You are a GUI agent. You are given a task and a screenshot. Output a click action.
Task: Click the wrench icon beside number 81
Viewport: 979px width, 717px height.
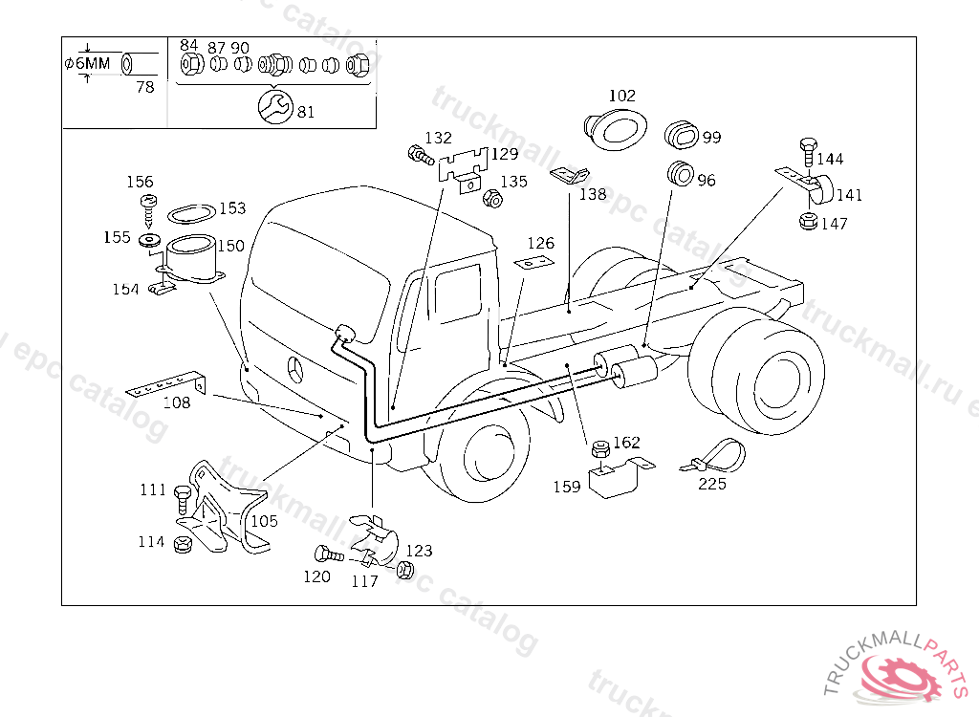pos(274,106)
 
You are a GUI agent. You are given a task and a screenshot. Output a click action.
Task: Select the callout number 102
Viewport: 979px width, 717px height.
pos(621,95)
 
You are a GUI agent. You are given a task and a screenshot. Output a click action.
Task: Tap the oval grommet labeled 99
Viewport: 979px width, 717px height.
pos(681,134)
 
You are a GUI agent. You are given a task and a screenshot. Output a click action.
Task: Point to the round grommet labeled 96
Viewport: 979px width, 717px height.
pos(680,173)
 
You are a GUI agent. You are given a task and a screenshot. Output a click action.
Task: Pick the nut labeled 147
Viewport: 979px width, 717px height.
pos(809,221)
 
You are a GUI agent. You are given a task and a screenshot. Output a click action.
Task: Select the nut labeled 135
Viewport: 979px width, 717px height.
pos(492,199)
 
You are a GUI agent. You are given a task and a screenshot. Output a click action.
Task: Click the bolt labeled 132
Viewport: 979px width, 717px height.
pos(421,155)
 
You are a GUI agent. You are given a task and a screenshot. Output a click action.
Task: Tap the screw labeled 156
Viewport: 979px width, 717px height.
pos(148,210)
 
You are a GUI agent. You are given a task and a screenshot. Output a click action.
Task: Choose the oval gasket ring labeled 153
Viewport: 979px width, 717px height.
pos(191,213)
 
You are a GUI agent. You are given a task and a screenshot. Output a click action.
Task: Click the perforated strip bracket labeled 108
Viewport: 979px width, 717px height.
pos(166,384)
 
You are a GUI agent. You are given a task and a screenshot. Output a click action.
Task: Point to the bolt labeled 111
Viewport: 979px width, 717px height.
pos(183,499)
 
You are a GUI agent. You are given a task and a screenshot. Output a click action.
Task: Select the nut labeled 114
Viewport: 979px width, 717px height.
pos(183,543)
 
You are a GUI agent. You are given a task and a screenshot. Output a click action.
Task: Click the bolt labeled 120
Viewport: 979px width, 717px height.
pos(329,554)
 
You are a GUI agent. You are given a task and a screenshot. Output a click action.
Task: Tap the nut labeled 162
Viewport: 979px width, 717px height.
pos(600,448)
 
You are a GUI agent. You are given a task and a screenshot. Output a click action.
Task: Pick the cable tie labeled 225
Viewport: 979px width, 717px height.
pos(713,456)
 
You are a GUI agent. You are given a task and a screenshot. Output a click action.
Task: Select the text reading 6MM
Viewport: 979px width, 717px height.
pos(93,63)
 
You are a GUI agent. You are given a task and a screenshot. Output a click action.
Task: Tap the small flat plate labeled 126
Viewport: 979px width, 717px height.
pos(534,262)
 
